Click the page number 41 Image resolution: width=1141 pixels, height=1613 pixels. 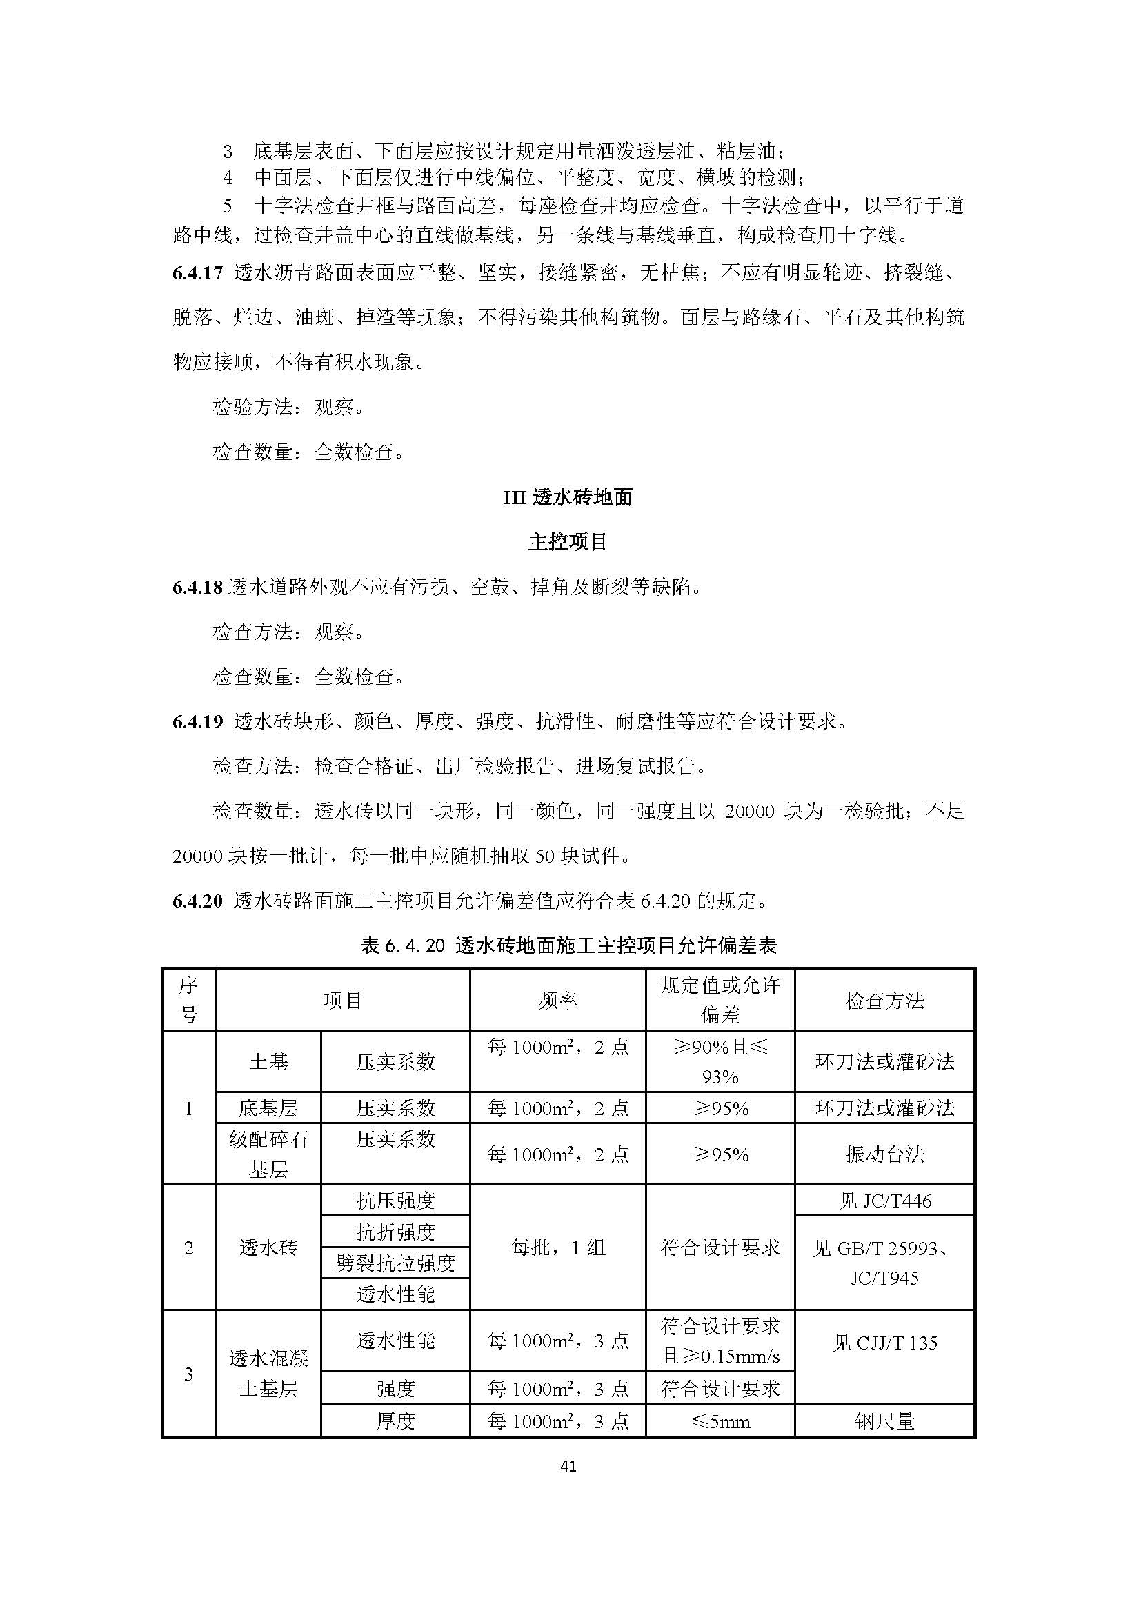(x=569, y=1466)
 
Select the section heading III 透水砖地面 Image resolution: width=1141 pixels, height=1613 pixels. (x=568, y=497)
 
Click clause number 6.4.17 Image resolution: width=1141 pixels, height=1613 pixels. (x=197, y=273)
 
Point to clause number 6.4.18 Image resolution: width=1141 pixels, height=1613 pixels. (x=197, y=588)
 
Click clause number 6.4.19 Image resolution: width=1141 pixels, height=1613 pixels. (x=197, y=721)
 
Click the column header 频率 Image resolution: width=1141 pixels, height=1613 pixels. (x=557, y=1000)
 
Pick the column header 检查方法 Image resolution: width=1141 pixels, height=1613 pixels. (x=884, y=1000)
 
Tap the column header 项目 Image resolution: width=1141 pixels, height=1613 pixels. (x=342, y=1000)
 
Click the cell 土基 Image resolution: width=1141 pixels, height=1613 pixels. (x=268, y=1061)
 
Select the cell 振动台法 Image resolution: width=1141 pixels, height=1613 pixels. (x=884, y=1154)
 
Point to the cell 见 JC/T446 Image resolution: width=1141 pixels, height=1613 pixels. (x=884, y=1201)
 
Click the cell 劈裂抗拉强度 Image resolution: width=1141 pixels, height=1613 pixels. (x=395, y=1263)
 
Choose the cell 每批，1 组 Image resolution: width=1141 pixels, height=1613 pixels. (x=557, y=1248)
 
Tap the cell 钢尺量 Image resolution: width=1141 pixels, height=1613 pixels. (x=884, y=1422)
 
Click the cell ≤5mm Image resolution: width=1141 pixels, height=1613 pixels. (x=720, y=1422)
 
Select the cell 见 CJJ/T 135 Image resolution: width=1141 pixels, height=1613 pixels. (x=884, y=1343)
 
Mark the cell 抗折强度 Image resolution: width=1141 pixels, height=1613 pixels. (x=395, y=1232)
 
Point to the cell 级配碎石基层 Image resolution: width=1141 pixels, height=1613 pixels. (x=268, y=1154)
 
